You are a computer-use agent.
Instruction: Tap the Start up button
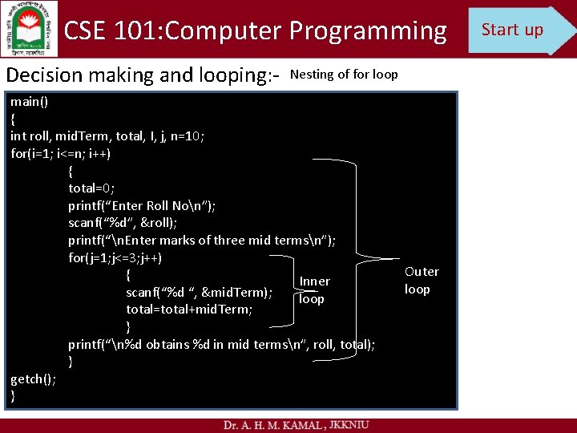[x=517, y=30]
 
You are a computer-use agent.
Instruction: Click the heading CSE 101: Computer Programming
[x=255, y=30]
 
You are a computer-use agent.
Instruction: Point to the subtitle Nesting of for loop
[x=344, y=75]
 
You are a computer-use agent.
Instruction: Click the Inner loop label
[x=313, y=289]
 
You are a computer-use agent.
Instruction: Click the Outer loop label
[x=421, y=280]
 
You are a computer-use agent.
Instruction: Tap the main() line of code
[x=29, y=102]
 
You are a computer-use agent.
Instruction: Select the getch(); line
[x=33, y=379]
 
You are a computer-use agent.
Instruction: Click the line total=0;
[x=91, y=188]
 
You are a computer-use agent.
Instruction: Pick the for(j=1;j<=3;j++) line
[x=115, y=258]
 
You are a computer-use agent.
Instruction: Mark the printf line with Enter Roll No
[x=142, y=205]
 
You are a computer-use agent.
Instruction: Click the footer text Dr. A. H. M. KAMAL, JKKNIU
[x=296, y=424]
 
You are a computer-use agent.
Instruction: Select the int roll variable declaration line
[x=107, y=136]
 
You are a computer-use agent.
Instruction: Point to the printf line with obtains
[x=221, y=345]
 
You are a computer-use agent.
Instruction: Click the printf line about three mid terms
[x=202, y=241]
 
